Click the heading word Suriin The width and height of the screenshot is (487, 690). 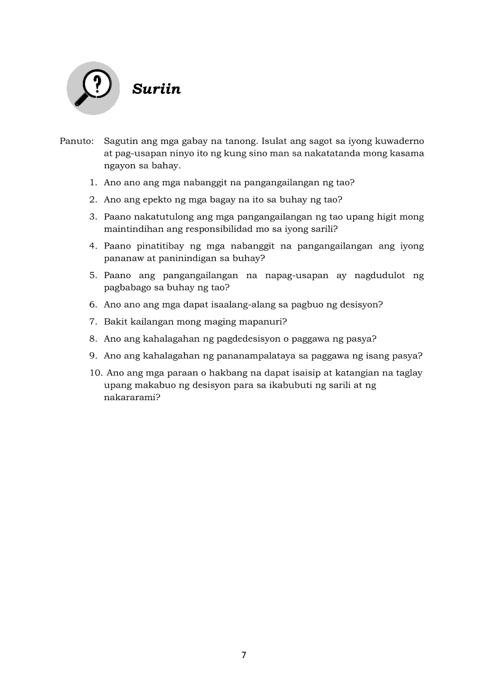[156, 89]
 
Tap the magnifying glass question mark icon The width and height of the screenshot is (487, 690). [93, 89]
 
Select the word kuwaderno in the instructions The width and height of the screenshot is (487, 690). [399, 142]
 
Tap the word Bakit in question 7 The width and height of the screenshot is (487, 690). [115, 322]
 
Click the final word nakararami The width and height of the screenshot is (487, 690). [130, 397]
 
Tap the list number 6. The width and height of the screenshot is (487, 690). [93, 305]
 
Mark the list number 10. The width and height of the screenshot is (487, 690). [95, 373]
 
